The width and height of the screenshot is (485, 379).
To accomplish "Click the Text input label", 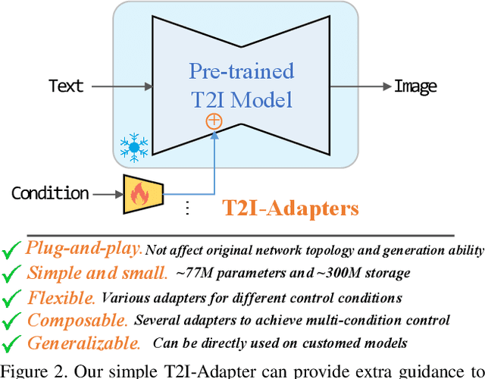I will click(x=67, y=86).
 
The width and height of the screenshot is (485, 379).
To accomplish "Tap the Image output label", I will click(x=415, y=86).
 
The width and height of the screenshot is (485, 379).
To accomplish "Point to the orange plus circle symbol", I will click(x=214, y=121).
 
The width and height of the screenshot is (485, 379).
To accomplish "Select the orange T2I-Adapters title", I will click(x=289, y=208).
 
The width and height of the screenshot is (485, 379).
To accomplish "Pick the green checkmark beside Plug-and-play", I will click(x=11, y=249).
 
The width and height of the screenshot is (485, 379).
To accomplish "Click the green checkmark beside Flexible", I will click(x=11, y=298).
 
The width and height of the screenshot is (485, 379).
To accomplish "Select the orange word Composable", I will click(x=77, y=321).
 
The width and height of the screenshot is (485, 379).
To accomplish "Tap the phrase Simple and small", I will click(x=97, y=273).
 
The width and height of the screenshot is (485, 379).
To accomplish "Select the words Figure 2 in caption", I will click(x=28, y=370).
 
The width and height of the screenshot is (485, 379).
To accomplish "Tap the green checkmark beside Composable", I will click(x=11, y=321).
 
